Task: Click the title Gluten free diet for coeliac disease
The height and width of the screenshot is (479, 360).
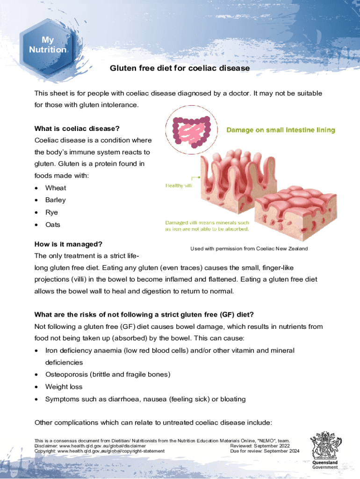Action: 180,68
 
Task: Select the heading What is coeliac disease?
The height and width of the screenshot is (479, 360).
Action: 77,128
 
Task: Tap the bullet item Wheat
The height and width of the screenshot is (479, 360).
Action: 56,188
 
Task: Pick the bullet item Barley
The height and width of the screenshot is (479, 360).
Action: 56,200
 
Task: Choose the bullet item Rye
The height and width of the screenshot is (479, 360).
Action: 51,212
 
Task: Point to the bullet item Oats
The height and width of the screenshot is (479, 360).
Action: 53,225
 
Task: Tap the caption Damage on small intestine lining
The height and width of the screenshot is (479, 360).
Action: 281,130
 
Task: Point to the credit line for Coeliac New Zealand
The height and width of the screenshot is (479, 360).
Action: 249,249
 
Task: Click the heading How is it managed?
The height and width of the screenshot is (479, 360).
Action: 68,244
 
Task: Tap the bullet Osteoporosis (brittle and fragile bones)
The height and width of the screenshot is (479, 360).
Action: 108,375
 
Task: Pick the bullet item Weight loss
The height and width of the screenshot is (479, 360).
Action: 64,387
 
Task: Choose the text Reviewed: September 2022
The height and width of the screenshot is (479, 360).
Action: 260,446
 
